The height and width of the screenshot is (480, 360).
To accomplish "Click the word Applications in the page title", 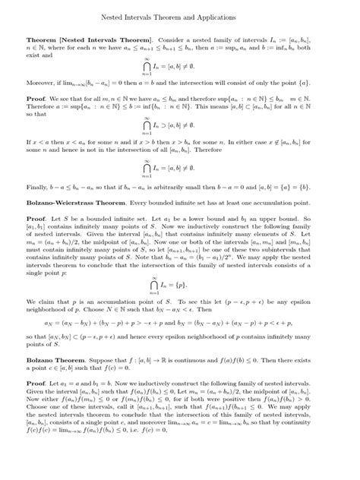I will [x=215, y=15].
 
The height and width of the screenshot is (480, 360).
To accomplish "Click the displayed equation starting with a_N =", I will [x=179, y=333].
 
